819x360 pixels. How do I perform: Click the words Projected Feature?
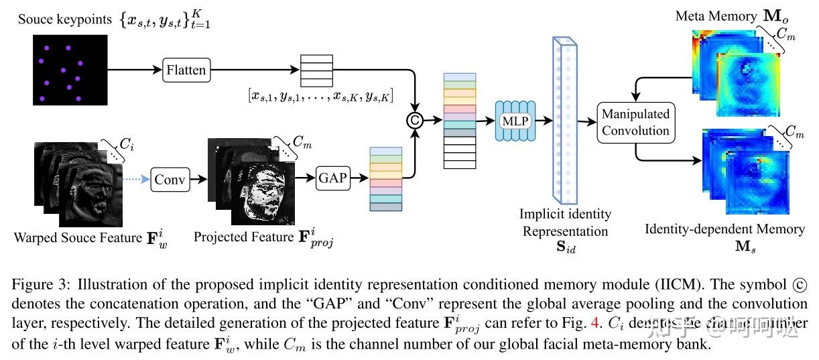coord(243,237)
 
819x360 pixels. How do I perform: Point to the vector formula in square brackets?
coord(320,97)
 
